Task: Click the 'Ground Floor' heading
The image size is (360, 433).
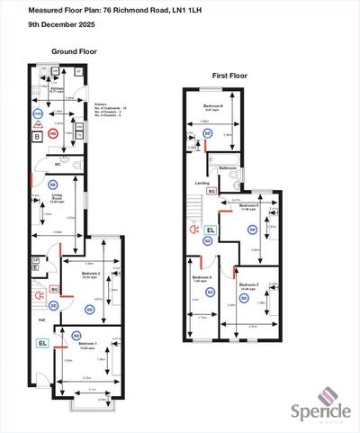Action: [74, 52]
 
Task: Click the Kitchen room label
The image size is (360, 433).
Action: [56, 90]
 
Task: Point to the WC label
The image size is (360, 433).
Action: [57, 165]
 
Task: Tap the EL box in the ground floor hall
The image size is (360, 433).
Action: [42, 343]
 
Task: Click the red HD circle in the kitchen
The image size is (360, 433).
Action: [53, 133]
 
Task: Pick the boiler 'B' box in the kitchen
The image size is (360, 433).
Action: [37, 137]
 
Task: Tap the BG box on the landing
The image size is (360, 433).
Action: [211, 191]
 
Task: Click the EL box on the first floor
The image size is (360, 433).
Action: [211, 230]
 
